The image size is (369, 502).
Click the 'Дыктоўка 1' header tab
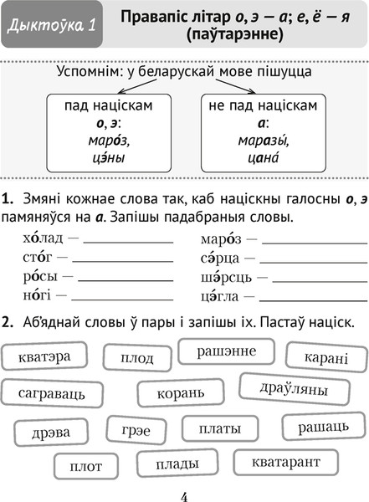coord(50,30)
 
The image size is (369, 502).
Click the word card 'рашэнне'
coord(226,352)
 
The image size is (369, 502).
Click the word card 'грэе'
coord(136,432)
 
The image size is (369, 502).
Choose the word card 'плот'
coord(86,467)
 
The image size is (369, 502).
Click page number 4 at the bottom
coord(183,495)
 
